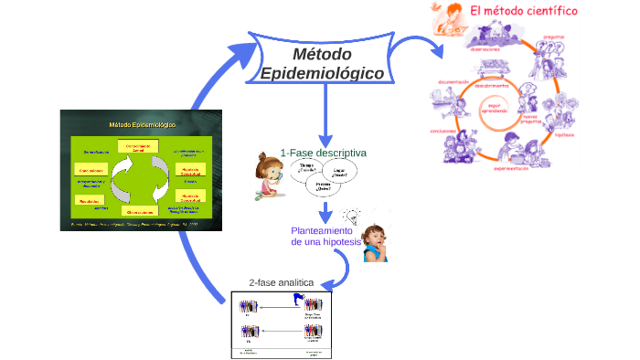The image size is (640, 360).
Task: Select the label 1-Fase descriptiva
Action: [x=324, y=153]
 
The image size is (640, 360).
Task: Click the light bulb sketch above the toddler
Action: [x=350, y=217]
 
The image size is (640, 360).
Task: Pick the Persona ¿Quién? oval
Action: [x=321, y=187]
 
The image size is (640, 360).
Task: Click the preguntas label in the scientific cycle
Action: [x=554, y=37]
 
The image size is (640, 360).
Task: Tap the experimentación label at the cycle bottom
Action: [x=512, y=169]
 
